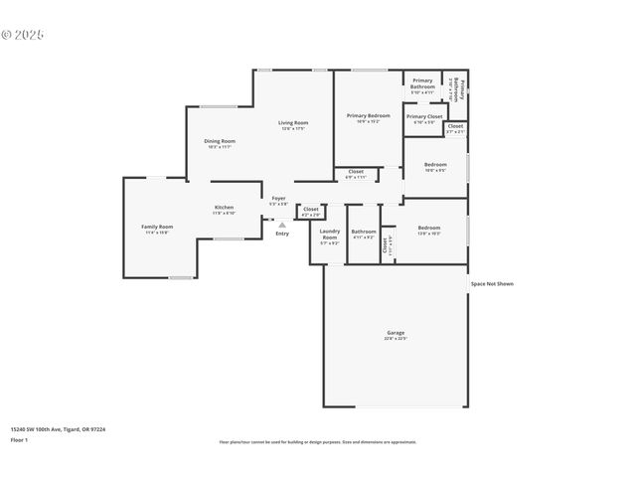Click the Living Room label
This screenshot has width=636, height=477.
(x=293, y=123)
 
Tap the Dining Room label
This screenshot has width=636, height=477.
(x=220, y=141)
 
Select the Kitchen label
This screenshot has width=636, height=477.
(x=224, y=208)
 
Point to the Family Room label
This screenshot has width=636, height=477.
(x=157, y=227)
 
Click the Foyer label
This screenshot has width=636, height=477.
(x=278, y=198)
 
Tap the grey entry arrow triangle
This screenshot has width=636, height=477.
(x=282, y=225)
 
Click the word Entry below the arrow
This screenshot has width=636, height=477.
(x=282, y=234)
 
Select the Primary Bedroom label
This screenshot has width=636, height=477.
(x=368, y=116)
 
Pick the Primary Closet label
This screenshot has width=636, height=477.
(x=424, y=116)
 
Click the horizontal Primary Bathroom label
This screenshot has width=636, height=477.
(x=422, y=83)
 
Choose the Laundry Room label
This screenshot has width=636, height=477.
(x=329, y=235)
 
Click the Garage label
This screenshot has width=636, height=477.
(x=396, y=333)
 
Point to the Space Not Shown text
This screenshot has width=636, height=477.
(x=492, y=284)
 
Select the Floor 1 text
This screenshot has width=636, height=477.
(x=19, y=438)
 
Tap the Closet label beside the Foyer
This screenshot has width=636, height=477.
(x=311, y=210)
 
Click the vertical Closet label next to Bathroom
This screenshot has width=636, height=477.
(x=386, y=244)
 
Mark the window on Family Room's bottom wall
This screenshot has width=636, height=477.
(x=180, y=277)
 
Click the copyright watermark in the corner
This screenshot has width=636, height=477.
(x=23, y=35)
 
